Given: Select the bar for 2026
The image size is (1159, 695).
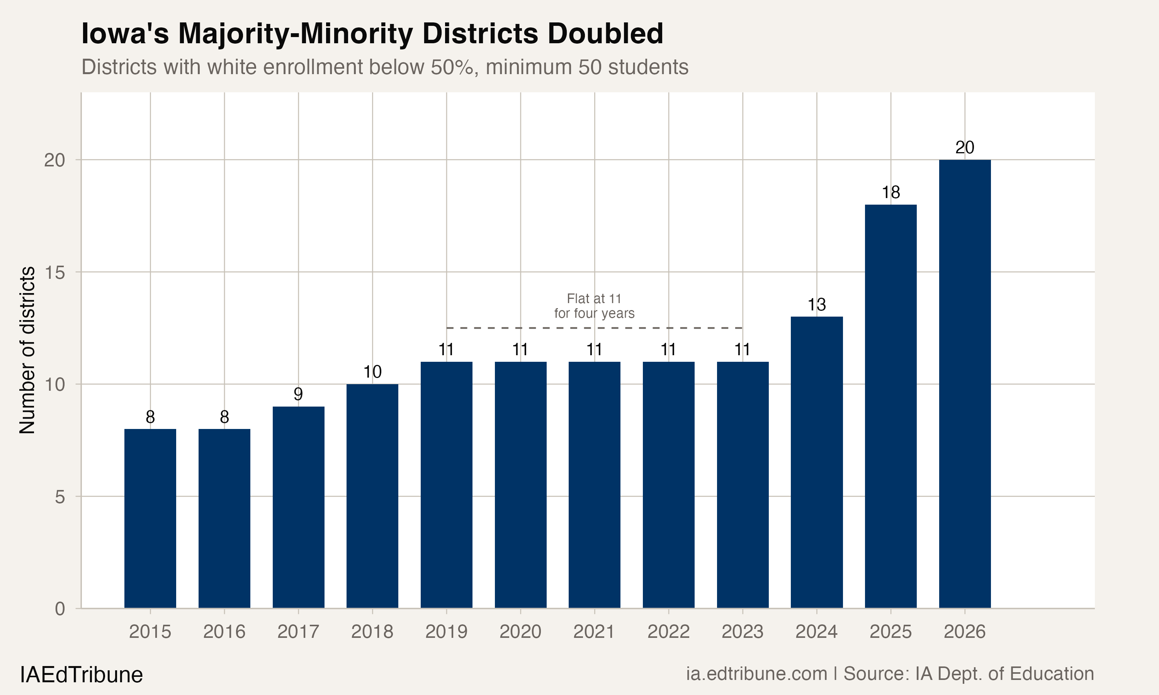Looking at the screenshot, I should pos(965,384).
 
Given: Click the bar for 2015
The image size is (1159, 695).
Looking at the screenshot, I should pos(150,519).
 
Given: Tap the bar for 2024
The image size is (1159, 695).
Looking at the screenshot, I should pos(817,462).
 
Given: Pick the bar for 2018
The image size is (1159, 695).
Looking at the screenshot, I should pos(372,496).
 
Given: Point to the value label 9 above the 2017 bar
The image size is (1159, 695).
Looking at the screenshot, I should pos(298,394).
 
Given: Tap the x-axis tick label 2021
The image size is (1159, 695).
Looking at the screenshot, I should pos(594,632).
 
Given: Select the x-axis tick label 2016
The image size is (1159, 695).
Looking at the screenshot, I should pos(224,632).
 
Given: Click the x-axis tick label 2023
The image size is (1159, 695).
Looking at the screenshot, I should pos(742,632).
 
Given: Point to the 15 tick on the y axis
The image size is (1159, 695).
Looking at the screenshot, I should pos(54,272).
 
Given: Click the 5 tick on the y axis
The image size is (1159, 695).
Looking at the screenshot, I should pos(59,497).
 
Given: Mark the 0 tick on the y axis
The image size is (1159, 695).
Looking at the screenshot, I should pos(59,609).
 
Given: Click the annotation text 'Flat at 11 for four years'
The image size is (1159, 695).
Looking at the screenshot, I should pos(594,306).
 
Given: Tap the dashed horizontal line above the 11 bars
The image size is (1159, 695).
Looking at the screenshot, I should pos(594,328).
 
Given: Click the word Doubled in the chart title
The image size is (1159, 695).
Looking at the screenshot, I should pos(605,34).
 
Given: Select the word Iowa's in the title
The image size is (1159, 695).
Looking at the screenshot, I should pos(125,34).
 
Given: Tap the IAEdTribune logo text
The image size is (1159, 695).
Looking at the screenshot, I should pos(81,675).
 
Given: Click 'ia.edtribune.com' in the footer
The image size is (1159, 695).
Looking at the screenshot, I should pos(756,673).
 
